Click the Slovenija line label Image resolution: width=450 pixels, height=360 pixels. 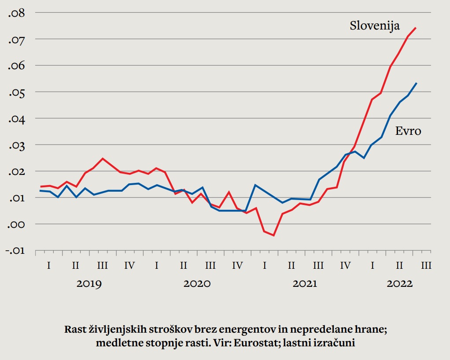point(375,26)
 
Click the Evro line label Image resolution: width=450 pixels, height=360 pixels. point(408,131)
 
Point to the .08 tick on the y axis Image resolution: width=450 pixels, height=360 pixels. point(17,13)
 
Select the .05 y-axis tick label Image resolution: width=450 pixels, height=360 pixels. point(17,92)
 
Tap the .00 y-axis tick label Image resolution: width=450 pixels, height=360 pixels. point(17,224)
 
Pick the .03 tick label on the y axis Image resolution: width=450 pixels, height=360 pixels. point(17,145)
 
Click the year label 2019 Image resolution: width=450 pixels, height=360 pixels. point(89,283)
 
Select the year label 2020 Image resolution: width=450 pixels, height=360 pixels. point(197,283)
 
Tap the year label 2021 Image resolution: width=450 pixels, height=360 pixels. point(305,283)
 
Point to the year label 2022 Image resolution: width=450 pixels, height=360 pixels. point(399,283)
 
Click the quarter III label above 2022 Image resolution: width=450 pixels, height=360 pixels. point(426,266)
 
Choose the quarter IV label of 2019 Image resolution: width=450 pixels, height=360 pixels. point(129,266)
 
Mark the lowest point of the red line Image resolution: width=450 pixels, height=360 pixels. point(273,235)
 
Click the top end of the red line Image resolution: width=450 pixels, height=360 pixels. point(416,28)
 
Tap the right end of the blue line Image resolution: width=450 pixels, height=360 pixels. point(417,83)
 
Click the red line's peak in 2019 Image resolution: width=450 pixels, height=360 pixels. point(103,158)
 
